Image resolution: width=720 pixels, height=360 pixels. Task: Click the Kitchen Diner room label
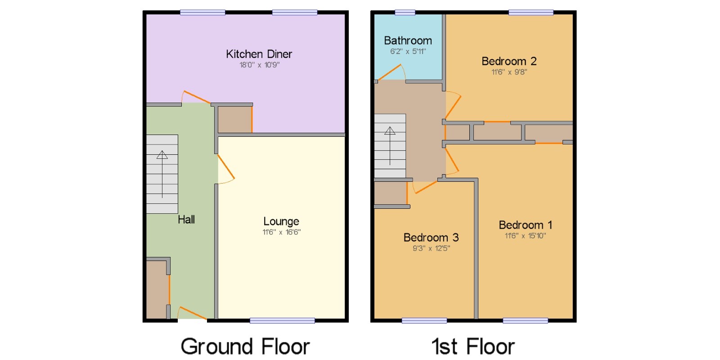pos(259,54)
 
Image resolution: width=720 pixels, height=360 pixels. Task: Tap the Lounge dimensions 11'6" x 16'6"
pos(282,232)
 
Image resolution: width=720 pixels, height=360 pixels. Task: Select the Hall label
pos(186,220)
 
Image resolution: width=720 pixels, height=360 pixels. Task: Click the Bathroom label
pos(408,40)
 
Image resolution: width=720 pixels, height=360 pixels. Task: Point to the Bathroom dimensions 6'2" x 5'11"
pos(408,51)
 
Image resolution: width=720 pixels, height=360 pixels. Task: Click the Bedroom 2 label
pos(509,61)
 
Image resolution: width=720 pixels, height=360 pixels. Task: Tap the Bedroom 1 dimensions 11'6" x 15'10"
pos(525,236)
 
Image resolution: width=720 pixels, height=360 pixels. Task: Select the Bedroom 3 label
pos(431,238)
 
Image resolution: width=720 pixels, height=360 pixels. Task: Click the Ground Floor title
pos(245,346)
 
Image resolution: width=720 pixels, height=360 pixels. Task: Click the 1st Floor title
pos(473,346)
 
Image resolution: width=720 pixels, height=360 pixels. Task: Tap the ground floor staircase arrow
pos(162,174)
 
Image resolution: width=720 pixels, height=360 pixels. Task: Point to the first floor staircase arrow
pos(390,146)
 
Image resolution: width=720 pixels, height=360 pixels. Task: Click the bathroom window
pos(405,13)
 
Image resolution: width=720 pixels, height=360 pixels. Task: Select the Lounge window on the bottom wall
pos(282,320)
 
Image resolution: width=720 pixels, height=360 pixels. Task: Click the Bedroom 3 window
pos(424,320)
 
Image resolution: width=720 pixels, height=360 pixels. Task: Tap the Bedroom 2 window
pos(531,13)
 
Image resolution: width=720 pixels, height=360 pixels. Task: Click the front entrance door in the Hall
pos(192,313)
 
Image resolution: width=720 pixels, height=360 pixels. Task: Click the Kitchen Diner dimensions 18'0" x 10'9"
pos(259,65)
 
